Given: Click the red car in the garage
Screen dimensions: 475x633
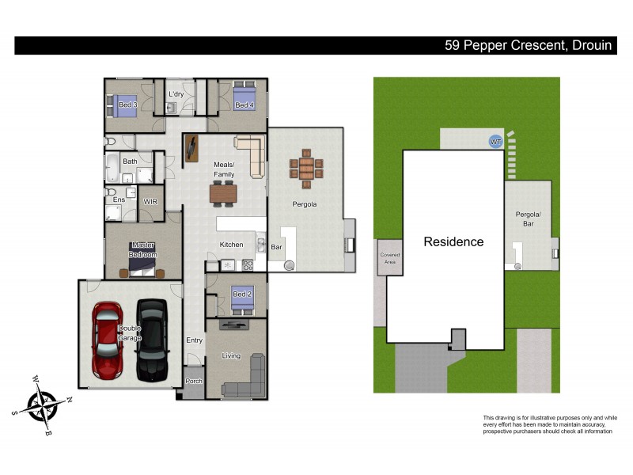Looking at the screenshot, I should tap(106, 339).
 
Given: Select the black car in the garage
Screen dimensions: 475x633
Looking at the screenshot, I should tap(152, 339).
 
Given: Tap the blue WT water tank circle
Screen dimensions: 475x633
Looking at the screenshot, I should tap(496, 141).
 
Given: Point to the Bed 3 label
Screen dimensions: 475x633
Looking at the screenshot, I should tap(128, 105).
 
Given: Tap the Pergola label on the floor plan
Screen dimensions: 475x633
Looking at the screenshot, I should tap(305, 204).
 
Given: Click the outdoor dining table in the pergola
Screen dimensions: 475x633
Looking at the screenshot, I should tap(306, 169).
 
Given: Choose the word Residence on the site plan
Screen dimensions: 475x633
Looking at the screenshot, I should tap(453, 241).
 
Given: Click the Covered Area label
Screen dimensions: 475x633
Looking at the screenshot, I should tap(390, 257).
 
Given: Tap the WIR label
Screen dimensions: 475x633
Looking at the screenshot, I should tap(150, 202).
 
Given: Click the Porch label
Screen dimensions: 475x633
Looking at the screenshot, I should tap(194, 381).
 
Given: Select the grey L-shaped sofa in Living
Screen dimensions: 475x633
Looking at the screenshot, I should tap(246, 379).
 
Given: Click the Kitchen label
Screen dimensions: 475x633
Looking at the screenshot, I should tap(231, 245).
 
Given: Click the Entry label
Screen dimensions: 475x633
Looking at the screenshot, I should tap(195, 340).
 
